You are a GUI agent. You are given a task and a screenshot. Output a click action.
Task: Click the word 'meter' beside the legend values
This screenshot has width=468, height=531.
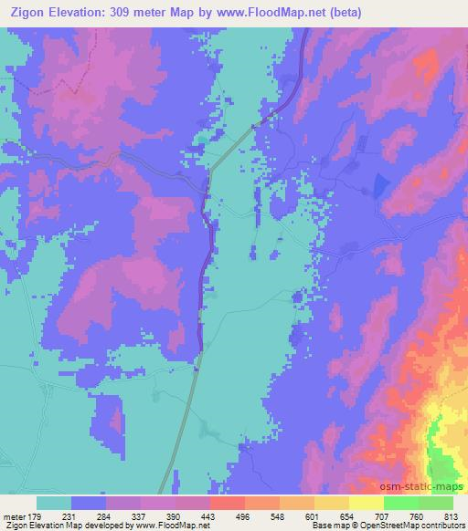(x=16, y=516)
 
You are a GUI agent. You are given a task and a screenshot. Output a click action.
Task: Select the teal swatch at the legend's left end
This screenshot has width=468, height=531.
(x=54, y=503)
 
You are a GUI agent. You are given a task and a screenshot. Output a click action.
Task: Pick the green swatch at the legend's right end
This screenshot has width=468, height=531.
(x=436, y=503)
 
